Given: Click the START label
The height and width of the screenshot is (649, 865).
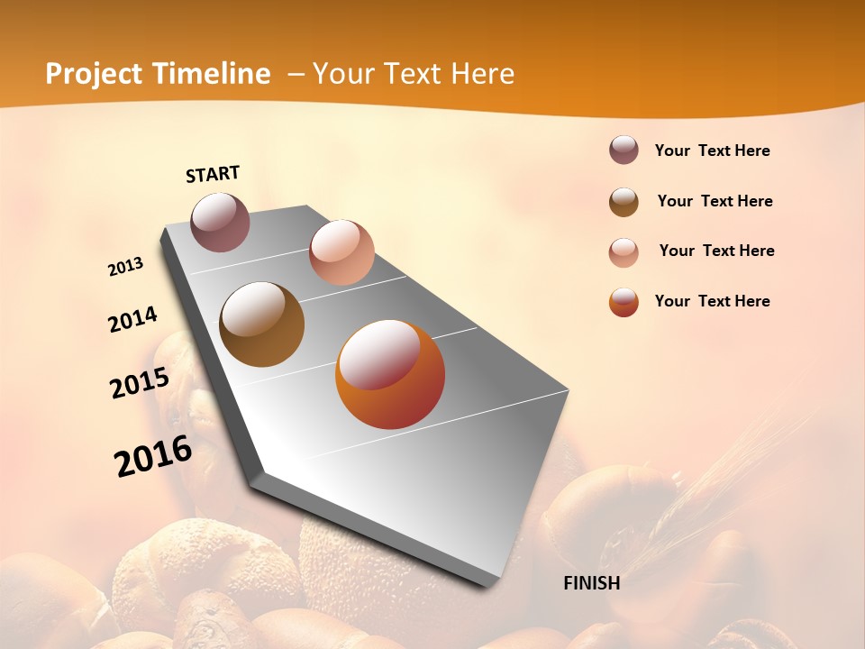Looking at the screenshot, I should point(213,174).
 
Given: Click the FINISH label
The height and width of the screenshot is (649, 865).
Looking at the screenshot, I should point(591,583).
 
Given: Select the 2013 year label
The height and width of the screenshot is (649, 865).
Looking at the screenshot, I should point(126,267).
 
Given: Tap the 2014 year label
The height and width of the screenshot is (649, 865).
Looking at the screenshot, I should point(132,320).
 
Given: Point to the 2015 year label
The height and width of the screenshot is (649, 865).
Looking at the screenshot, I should point(140,383).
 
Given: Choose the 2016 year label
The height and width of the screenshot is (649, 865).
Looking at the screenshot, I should point(153,456).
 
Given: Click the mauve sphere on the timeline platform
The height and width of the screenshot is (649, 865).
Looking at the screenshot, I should point(220,222).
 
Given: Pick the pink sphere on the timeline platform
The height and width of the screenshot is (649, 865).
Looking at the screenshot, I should point(341,252).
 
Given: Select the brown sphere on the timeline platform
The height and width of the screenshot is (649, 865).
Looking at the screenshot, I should point(261,324).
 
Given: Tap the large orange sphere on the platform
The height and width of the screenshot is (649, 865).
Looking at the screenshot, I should point(390,374).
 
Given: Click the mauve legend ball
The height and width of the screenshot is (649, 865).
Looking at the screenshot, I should point(624,150).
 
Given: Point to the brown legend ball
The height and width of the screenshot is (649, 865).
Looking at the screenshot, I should point(624,202).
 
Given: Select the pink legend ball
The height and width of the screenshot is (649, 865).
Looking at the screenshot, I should point(624,252).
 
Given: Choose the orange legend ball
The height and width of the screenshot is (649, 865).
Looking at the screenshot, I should point(624,302).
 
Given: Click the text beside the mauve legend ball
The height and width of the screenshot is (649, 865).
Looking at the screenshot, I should point(712,151).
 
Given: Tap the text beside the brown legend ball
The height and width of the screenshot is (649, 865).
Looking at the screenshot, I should point(715,201).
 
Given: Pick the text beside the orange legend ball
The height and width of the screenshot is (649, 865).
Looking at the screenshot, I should point(712,301).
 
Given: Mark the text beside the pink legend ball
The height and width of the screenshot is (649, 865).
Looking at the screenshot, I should point(716,251).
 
